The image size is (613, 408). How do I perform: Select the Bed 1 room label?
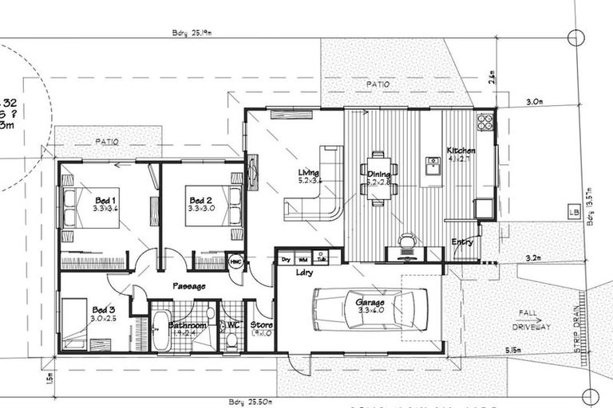106,200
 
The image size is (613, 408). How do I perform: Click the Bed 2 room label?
200,200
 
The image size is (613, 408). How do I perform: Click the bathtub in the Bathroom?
160,330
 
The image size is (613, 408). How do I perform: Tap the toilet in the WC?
231,339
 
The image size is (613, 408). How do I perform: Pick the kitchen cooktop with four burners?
484,122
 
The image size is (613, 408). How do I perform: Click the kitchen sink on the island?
433,166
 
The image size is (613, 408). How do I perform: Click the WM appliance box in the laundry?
303,258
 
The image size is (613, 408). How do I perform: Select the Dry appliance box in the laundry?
285,258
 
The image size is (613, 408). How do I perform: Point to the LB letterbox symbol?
573,212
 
